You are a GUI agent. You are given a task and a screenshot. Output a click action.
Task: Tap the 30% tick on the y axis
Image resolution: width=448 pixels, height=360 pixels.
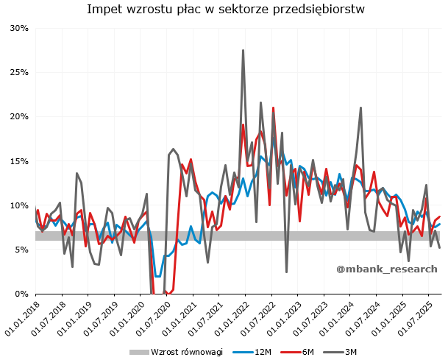click(x=18, y=28)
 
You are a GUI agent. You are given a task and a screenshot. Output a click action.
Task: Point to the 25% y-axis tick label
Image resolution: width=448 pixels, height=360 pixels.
click(x=18, y=72)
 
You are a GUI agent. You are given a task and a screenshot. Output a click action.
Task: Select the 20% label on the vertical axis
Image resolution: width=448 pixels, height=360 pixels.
click(x=18, y=116)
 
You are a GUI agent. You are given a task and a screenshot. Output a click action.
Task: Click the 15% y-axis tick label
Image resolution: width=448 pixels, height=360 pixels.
click(x=18, y=161)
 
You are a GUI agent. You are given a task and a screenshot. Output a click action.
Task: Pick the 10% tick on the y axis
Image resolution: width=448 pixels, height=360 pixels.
click(x=18, y=205)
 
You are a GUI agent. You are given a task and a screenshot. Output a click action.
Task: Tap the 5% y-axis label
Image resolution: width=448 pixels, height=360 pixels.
click(x=21, y=250)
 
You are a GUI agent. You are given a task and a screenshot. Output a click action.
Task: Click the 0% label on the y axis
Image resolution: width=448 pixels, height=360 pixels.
click(x=21, y=294)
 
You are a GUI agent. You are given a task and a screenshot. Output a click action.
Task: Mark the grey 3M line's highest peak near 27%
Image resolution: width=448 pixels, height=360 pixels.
click(x=243, y=51)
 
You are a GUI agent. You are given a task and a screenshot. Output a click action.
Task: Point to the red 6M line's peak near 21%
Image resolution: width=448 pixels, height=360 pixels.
click(x=273, y=108)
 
